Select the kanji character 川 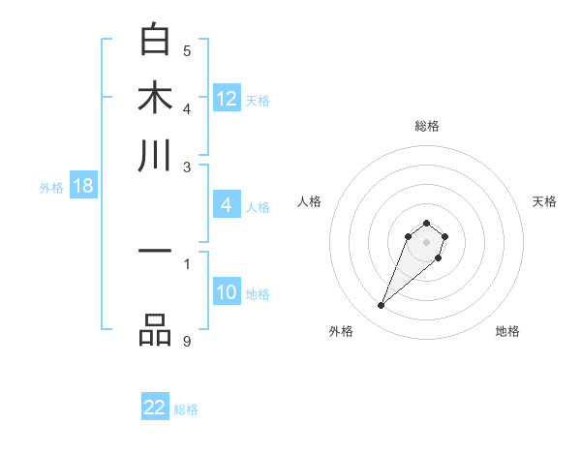coord(156,155)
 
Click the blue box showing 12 coord(227,99)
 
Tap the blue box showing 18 coord(83,187)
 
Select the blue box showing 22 coord(155,408)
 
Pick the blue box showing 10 coord(227,293)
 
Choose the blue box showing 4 coord(227,205)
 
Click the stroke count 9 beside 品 coord(187,340)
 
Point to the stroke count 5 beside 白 coord(187,50)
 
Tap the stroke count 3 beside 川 coord(187,167)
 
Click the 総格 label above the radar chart coord(426,126)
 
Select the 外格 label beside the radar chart coord(341,331)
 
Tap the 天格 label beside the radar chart coord(544,201)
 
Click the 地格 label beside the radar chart coord(507,331)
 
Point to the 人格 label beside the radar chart coord(310,201)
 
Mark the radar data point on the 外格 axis coord(382,306)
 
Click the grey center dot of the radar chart coord(426,241)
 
